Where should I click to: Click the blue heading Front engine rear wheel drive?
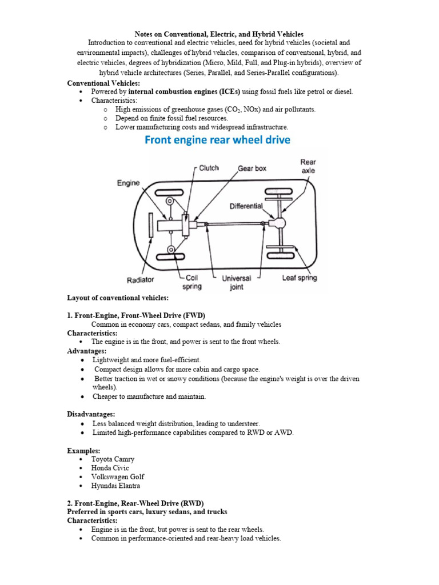(217, 140)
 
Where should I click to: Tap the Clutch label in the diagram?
(209, 168)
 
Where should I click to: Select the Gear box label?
(252, 169)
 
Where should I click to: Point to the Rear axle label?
(308, 166)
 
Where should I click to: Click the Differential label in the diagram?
(246, 206)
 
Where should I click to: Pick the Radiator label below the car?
(141, 280)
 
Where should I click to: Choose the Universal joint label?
(237, 282)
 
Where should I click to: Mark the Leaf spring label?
(300, 278)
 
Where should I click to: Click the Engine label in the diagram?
(129, 183)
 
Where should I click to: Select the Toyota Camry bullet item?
(113, 459)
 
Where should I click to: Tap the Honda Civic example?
(110, 468)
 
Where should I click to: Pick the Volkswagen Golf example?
(118, 476)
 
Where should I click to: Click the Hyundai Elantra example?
(115, 486)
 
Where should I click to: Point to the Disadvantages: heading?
(91, 414)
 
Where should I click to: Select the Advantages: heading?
(87, 351)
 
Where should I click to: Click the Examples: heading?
(83, 450)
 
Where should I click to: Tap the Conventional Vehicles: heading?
(103, 83)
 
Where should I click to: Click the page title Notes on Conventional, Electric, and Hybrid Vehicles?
(219, 34)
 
